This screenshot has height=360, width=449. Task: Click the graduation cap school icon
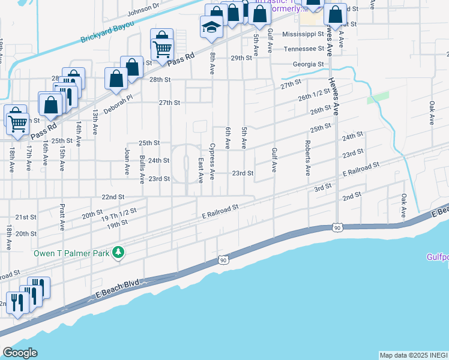[211, 27]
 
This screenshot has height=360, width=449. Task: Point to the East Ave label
[200, 171]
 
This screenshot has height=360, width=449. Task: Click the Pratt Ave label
[62, 217]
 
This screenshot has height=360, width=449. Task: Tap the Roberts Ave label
[307, 158]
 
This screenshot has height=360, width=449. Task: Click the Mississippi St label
[303, 34]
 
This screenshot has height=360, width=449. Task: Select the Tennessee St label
[304, 49]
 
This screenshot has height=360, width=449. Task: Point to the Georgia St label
[309, 64]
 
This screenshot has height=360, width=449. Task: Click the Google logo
[20, 353]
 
